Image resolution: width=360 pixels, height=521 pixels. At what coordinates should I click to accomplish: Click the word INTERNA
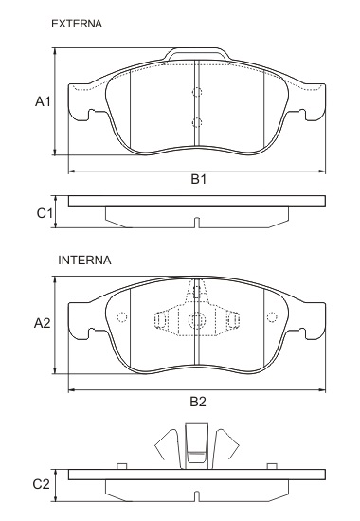click(85, 259)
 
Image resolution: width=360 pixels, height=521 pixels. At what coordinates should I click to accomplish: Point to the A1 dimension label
click(43, 101)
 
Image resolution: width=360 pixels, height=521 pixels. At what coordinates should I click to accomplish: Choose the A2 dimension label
click(43, 323)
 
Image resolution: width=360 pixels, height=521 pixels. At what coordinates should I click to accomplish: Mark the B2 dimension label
click(197, 401)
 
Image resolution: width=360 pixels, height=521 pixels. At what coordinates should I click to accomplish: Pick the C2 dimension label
click(41, 484)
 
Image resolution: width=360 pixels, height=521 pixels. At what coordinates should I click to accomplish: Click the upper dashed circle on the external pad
click(197, 93)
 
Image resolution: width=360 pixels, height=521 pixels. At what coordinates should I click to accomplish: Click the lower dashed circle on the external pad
click(197, 122)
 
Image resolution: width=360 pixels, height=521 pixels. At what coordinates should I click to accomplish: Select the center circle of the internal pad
click(196, 320)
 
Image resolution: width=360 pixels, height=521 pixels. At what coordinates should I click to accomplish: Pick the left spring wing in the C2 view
click(168, 445)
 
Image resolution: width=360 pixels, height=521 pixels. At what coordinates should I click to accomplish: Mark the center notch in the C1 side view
click(196, 223)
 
